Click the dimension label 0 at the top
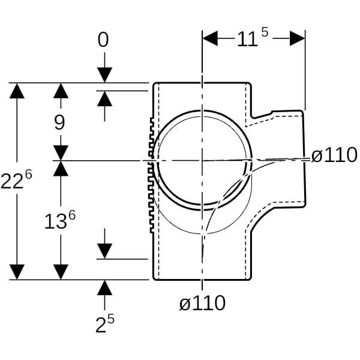pos(104,40)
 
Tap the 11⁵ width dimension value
pos(254,39)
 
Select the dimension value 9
pos(59,122)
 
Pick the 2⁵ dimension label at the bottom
pos(104,324)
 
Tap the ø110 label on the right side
pos(334,155)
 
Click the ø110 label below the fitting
pos(203,303)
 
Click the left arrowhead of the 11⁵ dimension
pos(210,39)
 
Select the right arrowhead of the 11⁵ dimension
pos(298,39)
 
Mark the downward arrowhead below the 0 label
pos(104,75)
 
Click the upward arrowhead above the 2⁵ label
pos(104,287)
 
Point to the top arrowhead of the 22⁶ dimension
pos(18,91)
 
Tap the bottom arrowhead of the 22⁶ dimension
pos(18,272)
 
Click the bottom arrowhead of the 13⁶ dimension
pos(60,272)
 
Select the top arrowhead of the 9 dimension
pos(60,91)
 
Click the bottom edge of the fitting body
pos(203,280)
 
